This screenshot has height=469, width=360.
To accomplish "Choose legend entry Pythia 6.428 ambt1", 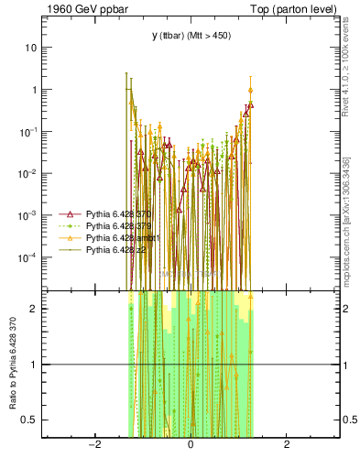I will coord(120,237).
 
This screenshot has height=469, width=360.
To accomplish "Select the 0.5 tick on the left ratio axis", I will coord(32,420).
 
